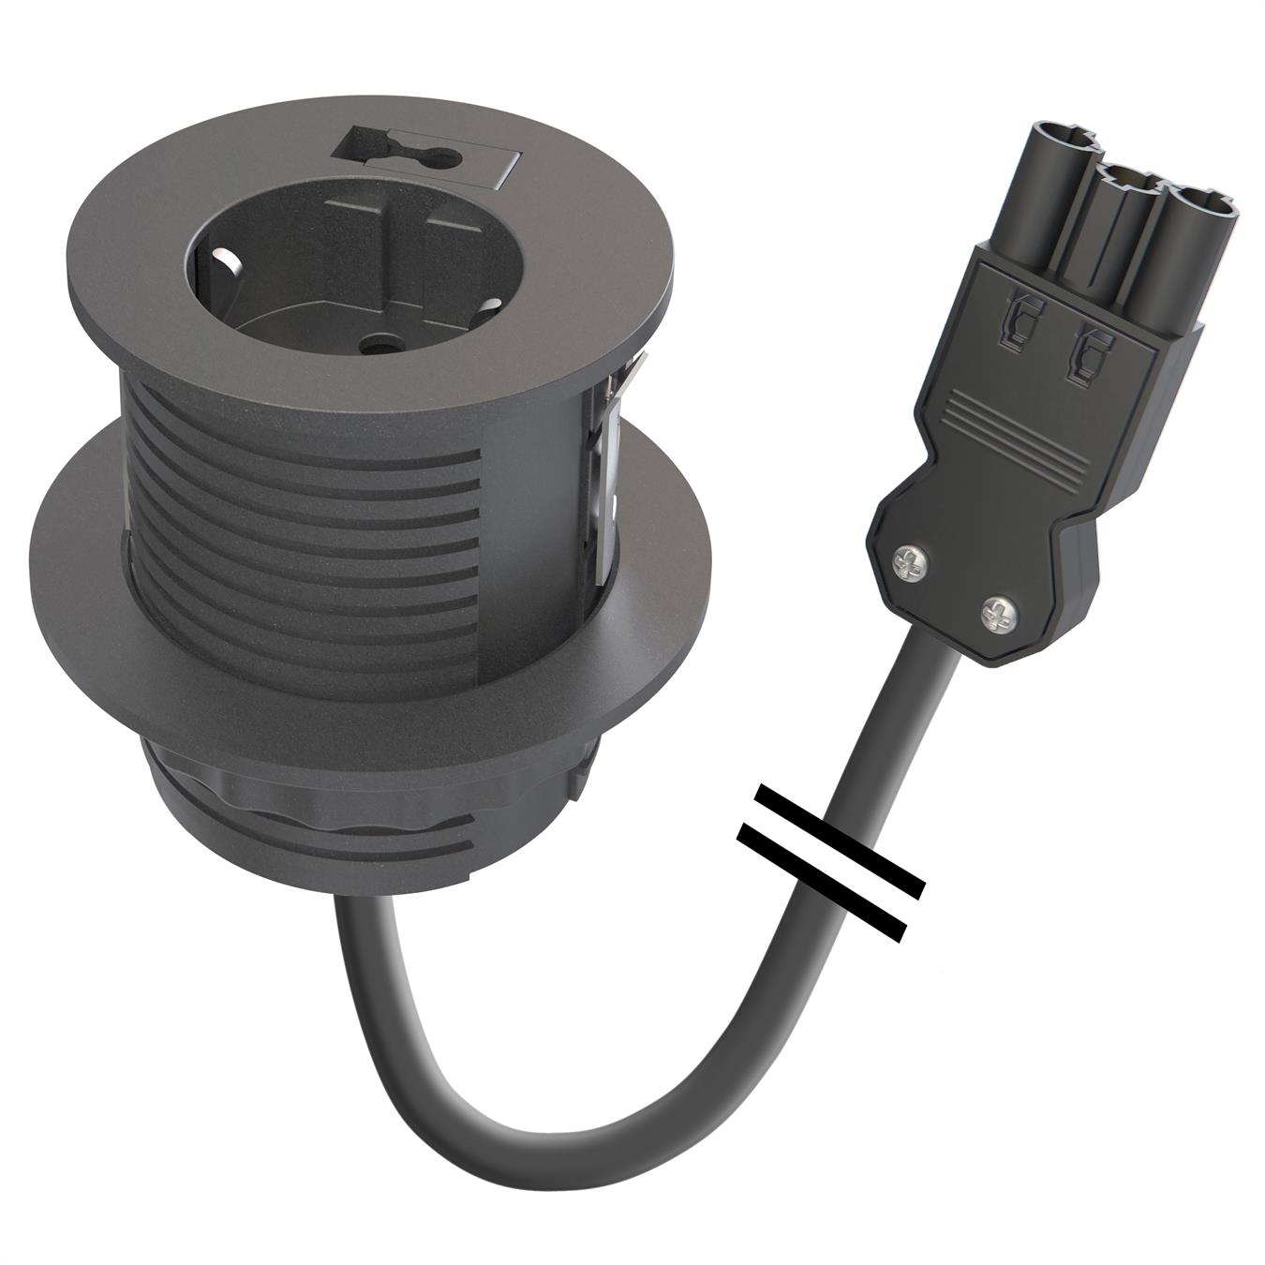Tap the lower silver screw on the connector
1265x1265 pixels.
pos(997,615)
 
